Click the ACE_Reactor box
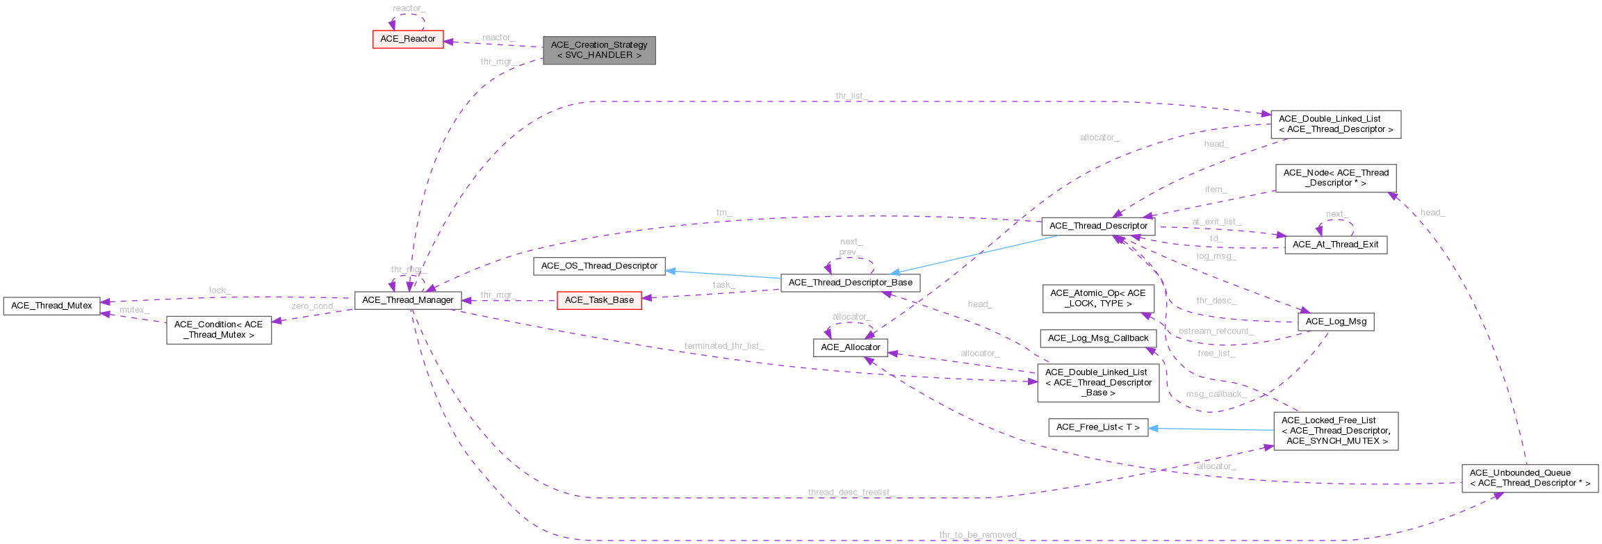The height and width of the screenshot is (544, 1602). point(408,39)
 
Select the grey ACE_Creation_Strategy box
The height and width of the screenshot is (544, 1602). point(598,50)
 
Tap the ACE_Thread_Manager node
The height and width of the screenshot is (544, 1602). point(407,300)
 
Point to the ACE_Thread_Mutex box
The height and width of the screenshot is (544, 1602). point(51,306)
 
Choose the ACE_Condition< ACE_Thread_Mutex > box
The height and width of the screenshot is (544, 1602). point(219,330)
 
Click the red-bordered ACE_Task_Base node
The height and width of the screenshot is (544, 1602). point(599,300)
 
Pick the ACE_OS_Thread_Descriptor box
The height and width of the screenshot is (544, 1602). point(598,266)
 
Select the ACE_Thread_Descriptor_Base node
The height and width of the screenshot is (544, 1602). point(850,283)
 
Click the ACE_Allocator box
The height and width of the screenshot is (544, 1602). point(850,347)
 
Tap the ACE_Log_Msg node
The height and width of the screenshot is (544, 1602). point(1335,322)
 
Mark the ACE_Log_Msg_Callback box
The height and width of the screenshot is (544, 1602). point(1097,338)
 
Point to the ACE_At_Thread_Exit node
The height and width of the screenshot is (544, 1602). point(1335,245)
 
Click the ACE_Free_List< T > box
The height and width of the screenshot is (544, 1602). point(1097,427)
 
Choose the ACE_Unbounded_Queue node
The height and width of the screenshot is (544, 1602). point(1530,478)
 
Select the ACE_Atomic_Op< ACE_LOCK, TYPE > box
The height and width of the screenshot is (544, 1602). point(1097,298)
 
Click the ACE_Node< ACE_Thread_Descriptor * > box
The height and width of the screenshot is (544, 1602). point(1335,178)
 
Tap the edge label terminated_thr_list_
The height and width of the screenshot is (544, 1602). point(724,346)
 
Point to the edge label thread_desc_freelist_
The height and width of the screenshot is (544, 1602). point(850,493)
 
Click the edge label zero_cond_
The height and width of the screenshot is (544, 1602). point(314,306)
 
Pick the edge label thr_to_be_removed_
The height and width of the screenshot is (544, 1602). point(979,535)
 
